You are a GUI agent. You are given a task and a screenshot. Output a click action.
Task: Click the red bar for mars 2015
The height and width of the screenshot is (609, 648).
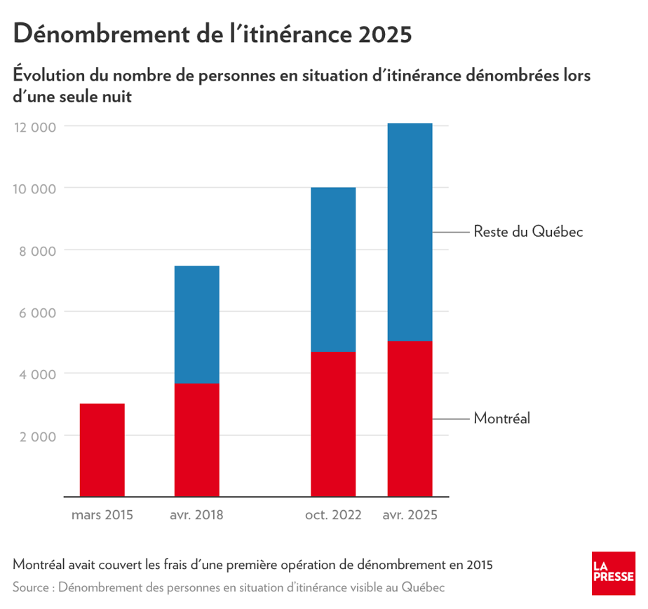point(102,450)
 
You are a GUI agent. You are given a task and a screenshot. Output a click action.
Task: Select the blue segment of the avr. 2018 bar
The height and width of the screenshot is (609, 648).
point(196,324)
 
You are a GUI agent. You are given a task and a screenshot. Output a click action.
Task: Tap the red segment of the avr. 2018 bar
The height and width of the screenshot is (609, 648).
point(196,440)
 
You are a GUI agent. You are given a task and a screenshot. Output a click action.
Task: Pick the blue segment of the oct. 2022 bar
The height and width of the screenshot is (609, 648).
point(333,270)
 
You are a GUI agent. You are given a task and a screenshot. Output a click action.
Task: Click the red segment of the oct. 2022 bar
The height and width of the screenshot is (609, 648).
point(333,424)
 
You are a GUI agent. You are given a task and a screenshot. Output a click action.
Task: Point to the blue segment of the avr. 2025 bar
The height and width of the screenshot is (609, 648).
point(410,233)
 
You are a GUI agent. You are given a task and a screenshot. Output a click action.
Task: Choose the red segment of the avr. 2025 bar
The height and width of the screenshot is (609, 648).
point(410,419)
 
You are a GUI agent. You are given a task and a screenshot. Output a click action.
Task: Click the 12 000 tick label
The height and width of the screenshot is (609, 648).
point(35,127)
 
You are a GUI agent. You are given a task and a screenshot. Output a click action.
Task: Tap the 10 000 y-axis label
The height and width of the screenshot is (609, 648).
point(35,189)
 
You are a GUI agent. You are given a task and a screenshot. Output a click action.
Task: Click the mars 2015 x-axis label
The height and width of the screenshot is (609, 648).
point(102,515)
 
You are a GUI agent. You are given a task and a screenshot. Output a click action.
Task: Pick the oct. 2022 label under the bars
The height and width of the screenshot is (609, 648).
point(333,515)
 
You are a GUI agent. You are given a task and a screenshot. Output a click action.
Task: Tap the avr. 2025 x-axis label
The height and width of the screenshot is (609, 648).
point(410,515)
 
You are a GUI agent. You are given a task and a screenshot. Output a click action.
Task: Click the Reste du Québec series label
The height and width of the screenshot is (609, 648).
point(528,231)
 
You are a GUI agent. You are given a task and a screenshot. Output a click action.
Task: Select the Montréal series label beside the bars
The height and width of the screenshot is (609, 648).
point(501,418)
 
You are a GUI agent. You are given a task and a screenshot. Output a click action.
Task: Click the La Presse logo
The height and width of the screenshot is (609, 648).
point(613,573)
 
